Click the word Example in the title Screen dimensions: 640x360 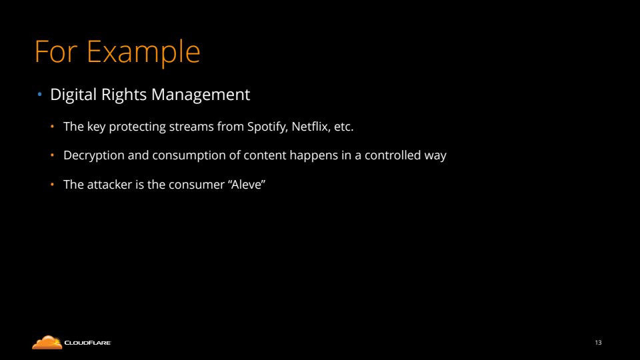tap(143, 52)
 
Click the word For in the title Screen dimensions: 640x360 tap(56, 51)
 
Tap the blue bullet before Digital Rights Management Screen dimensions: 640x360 tap(39, 95)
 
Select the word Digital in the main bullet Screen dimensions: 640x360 tap(73, 95)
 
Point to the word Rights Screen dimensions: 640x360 tap(124, 95)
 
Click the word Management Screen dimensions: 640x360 tap(201, 95)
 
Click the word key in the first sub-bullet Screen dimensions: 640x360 tap(96, 127)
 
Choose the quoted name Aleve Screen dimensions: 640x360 tap(248, 185)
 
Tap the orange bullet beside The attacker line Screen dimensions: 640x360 tap(52, 185)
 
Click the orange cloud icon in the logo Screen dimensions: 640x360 tap(47, 343)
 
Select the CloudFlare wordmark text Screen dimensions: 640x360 tap(87, 343)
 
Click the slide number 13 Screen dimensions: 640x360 tap(599, 343)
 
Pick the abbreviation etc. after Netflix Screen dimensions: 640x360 tap(344, 127)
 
